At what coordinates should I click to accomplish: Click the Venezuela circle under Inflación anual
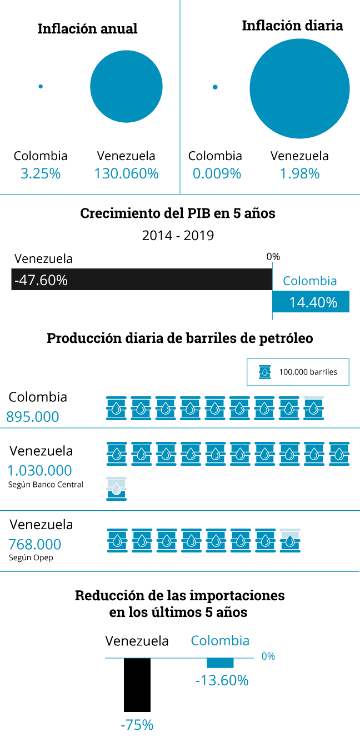126,86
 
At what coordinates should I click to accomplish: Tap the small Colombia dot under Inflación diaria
215,87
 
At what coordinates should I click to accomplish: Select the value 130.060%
126,173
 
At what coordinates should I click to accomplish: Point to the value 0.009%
217,173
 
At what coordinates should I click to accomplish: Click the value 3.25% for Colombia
41,173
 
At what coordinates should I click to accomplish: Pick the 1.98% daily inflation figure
299,173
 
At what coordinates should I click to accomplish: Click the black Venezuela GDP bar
142,280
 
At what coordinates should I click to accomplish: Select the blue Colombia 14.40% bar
311,302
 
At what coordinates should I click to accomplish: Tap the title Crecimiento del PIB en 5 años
178,213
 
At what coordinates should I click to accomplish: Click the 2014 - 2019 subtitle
178,235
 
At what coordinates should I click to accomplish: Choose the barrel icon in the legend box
265,372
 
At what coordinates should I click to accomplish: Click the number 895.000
33,417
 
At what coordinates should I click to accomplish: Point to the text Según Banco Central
46,485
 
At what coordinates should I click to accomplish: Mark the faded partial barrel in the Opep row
290,540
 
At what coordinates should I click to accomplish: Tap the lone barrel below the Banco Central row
116,489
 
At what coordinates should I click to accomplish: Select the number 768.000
35,545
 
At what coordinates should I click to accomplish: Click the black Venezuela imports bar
137,685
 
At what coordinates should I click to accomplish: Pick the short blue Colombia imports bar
220,663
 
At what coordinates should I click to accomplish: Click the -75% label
137,725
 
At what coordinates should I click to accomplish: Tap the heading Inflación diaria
292,26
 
